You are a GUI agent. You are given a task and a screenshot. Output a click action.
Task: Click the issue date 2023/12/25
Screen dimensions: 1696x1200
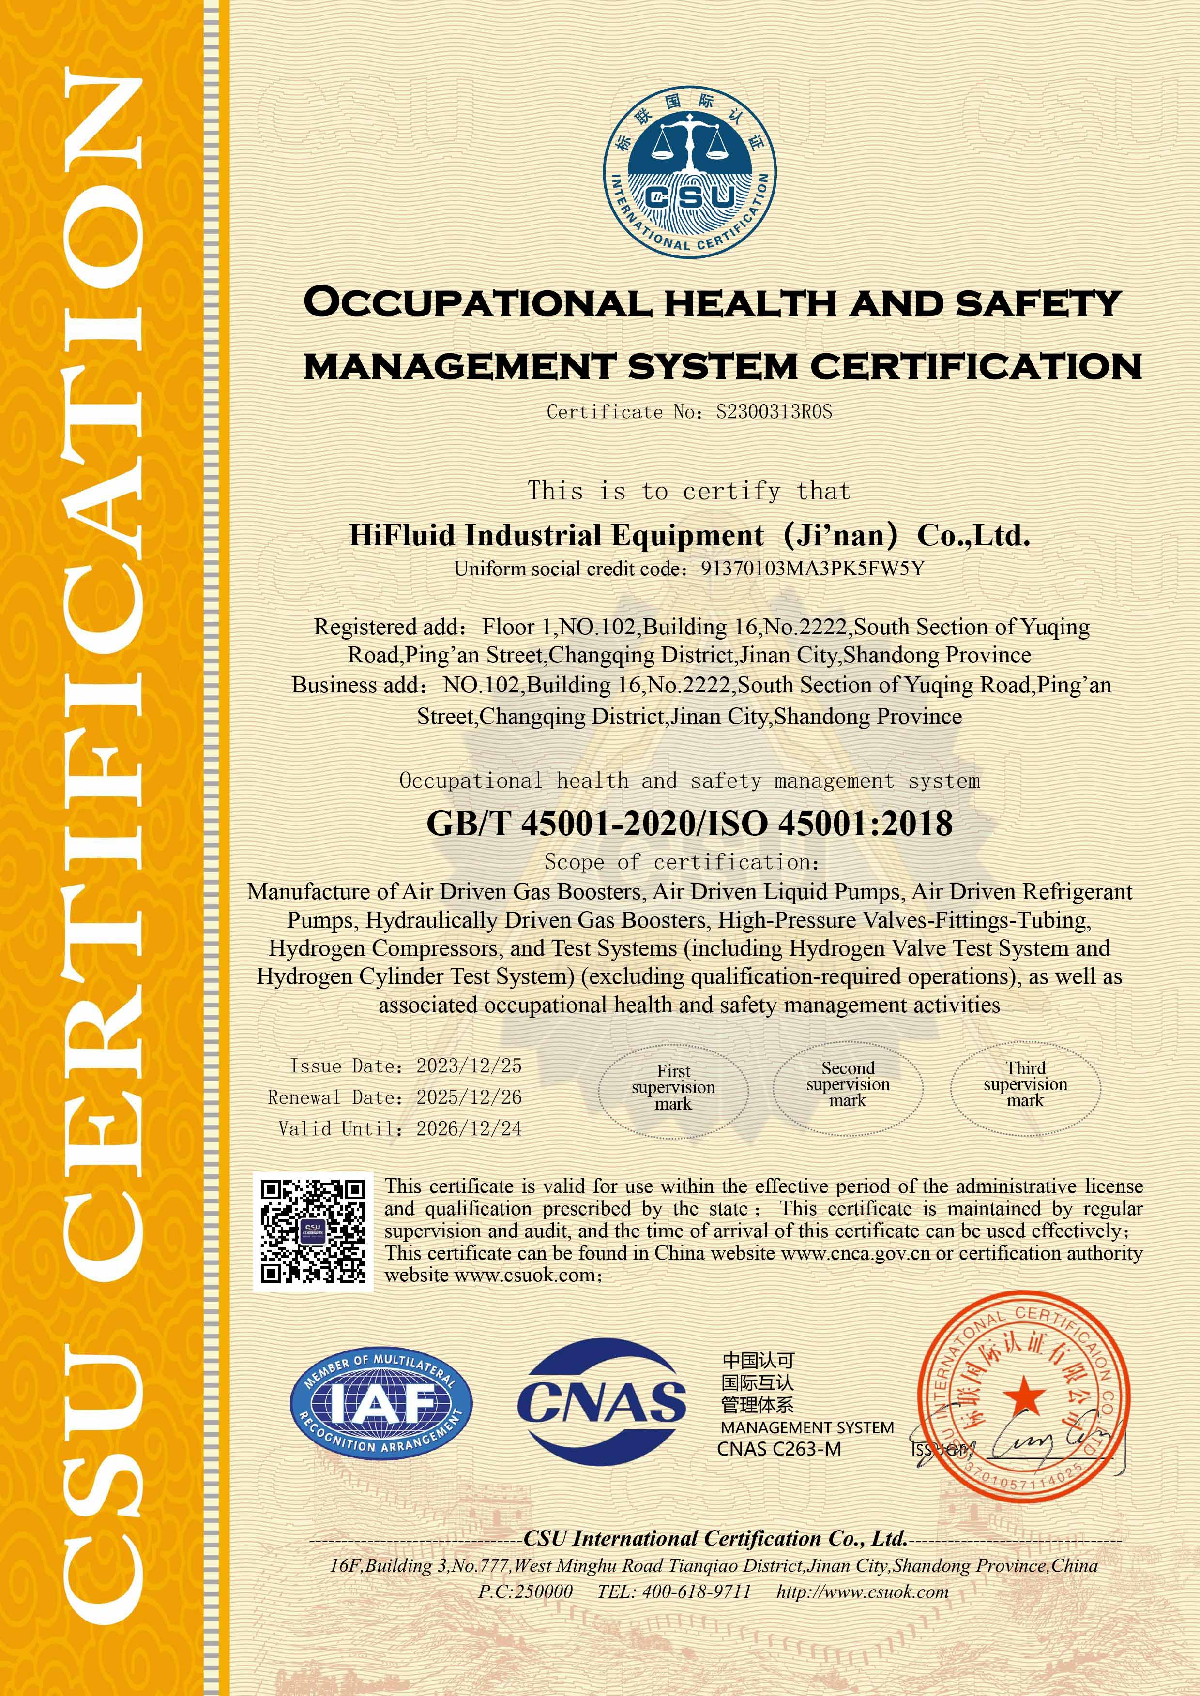coord(469,1066)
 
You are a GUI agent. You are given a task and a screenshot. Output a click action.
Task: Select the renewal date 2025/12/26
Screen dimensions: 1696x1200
coord(469,1097)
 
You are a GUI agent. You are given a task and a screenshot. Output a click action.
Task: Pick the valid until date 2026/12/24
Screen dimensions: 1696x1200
coord(469,1129)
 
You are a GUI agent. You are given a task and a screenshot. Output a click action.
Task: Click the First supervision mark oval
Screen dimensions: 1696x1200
coord(673,1087)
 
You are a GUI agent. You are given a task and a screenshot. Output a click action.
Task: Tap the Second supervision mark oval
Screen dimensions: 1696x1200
coord(848,1084)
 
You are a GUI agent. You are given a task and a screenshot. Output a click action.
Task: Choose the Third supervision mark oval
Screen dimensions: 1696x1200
coord(1025,1084)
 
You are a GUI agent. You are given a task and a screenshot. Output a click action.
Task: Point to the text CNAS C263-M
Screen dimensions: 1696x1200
coord(779,1449)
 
